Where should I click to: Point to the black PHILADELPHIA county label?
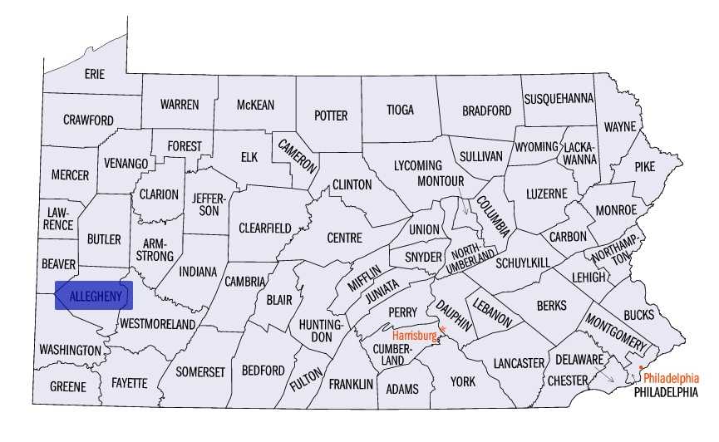click(x=665, y=391)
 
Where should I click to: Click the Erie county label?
click(x=95, y=75)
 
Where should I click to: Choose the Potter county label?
click(x=330, y=116)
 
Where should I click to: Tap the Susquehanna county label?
click(x=559, y=99)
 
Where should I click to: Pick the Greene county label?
click(x=67, y=387)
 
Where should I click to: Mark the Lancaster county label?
click(x=518, y=363)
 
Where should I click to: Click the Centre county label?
click(x=344, y=238)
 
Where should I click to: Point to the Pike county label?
click(x=644, y=167)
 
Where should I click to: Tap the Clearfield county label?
click(x=264, y=228)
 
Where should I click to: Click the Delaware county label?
click(x=579, y=360)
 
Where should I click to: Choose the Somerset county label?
click(x=200, y=372)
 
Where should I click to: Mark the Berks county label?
click(x=551, y=306)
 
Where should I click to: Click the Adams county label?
click(x=401, y=389)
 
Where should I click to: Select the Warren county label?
click(x=180, y=105)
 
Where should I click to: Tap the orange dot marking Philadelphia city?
click(x=641, y=367)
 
